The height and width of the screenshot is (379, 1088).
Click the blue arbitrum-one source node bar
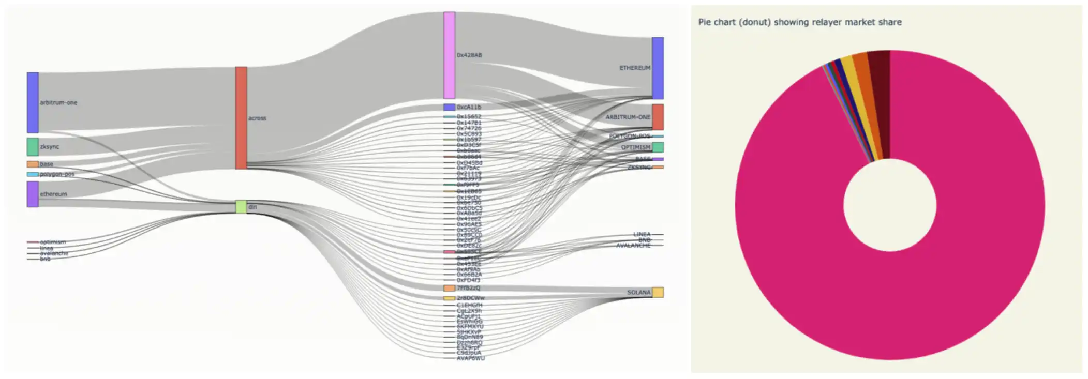(33, 102)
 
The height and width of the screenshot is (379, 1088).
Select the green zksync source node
(33, 147)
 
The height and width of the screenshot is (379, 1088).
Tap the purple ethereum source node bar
(33, 194)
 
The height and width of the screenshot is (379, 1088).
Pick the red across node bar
(241, 118)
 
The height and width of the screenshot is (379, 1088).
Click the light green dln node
(241, 207)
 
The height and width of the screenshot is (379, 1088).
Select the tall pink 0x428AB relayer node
(449, 55)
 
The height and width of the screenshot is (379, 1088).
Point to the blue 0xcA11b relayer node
(449, 107)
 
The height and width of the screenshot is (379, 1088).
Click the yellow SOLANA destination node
(658, 292)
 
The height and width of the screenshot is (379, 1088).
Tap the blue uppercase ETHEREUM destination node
(658, 68)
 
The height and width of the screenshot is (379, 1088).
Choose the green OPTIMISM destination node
(658, 147)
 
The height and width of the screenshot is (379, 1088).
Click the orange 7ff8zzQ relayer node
(449, 288)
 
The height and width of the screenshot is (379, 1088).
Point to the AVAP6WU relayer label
(470, 358)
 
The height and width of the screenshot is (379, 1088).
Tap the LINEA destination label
(642, 234)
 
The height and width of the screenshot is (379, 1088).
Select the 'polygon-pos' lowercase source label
(57, 174)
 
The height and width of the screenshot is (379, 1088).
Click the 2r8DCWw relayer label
(470, 298)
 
